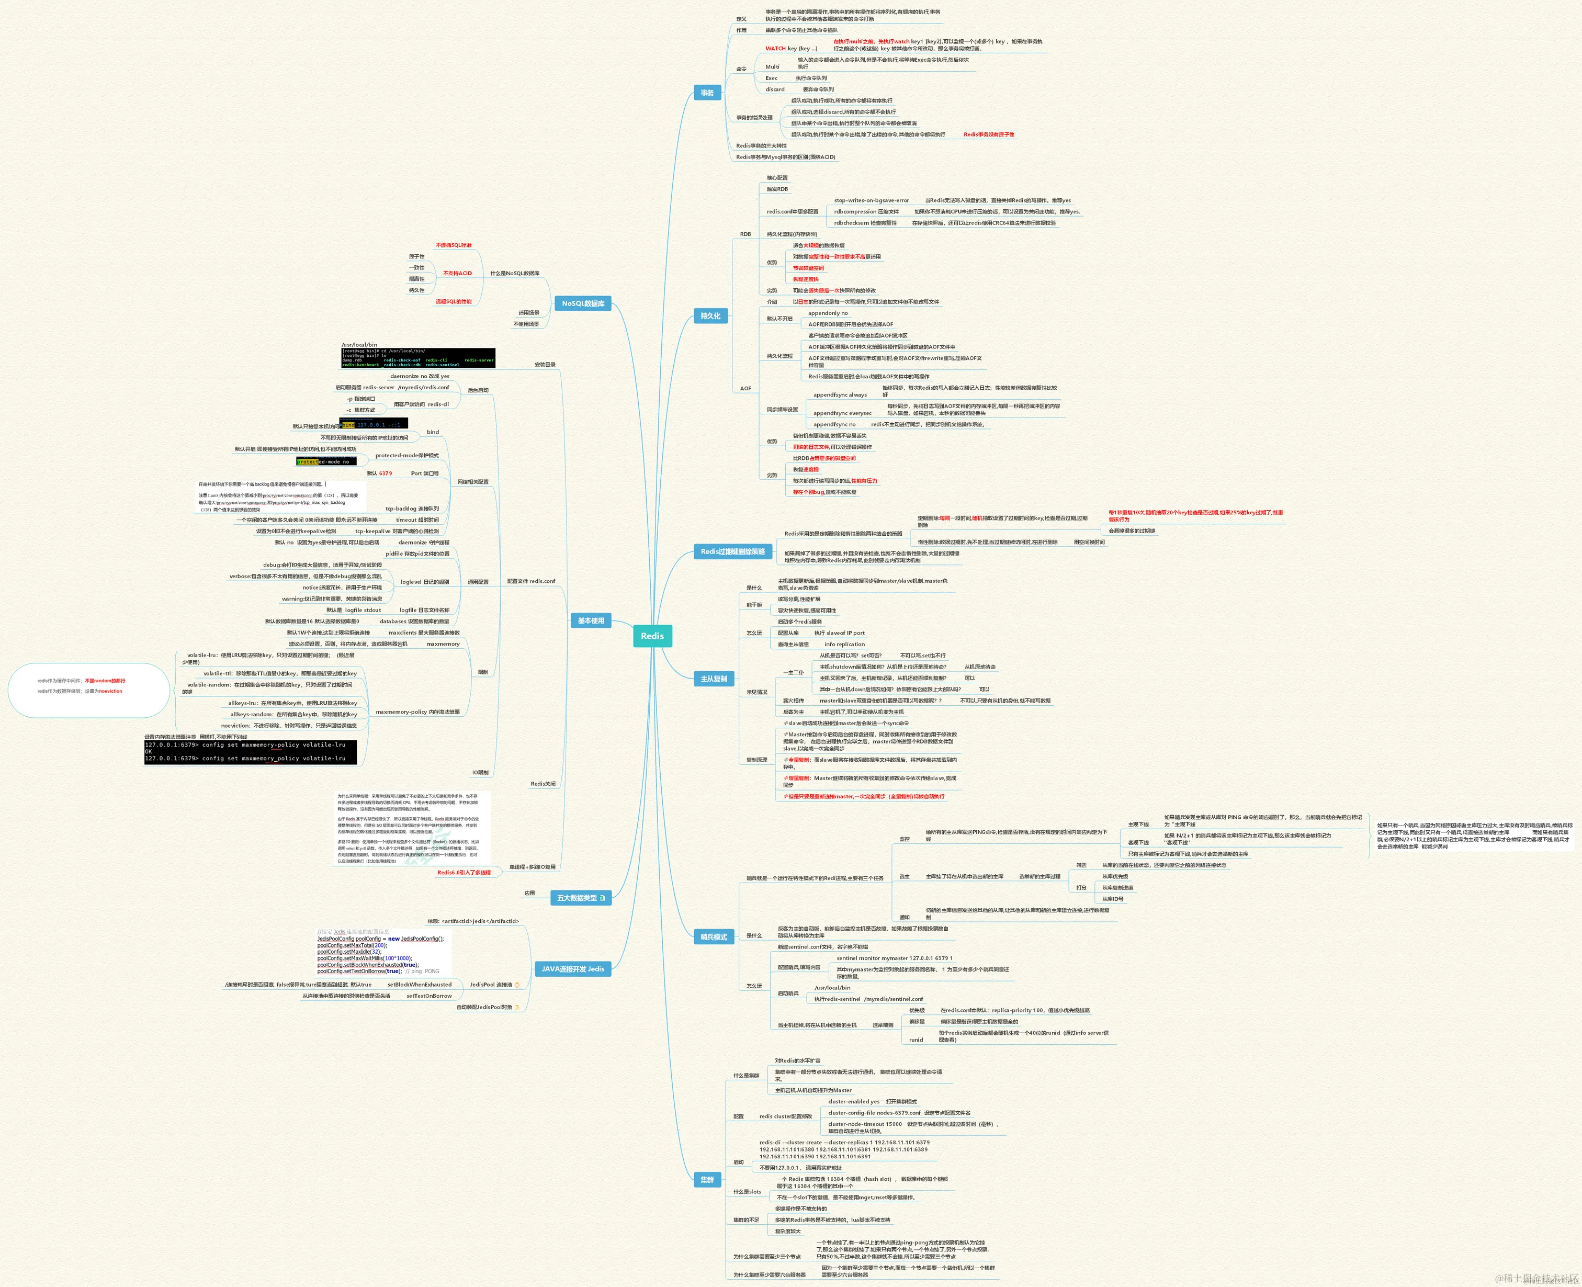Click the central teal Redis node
click(x=652, y=636)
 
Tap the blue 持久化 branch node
click(x=710, y=316)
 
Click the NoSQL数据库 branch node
click(x=583, y=303)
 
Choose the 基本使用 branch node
click(x=591, y=620)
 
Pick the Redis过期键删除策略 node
click(x=732, y=551)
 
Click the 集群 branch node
click(x=707, y=1180)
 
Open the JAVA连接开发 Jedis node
click(x=572, y=969)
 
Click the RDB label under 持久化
click(x=745, y=234)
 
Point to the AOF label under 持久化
click(x=745, y=389)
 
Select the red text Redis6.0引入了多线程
click(x=464, y=873)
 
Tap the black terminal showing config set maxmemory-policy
click(x=250, y=752)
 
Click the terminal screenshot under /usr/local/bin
click(x=417, y=358)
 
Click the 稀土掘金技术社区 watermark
click(x=1536, y=1279)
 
